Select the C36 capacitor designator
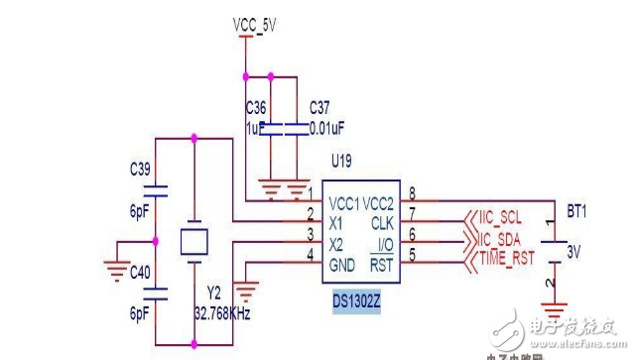pyautogui.click(x=256, y=106)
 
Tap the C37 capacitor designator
pyautogui.click(x=320, y=106)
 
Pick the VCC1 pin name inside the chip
pyautogui.click(x=344, y=202)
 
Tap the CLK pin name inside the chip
pyautogui.click(x=383, y=223)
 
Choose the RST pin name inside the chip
pyautogui.click(x=383, y=264)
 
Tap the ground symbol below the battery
pyautogui.click(x=552, y=308)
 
